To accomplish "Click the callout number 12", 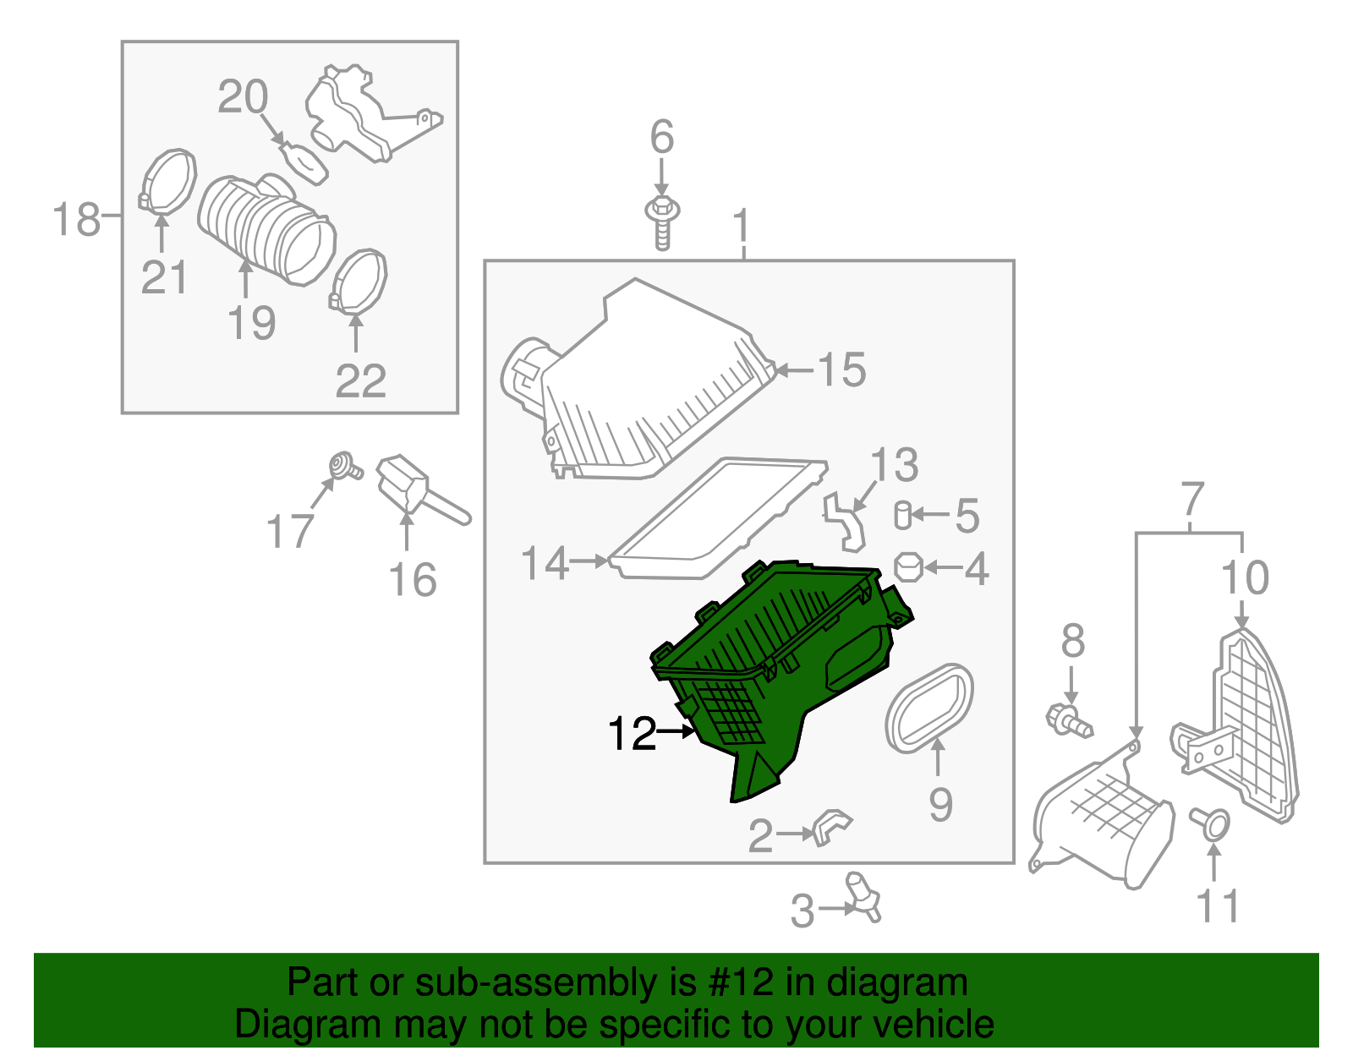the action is [632, 733].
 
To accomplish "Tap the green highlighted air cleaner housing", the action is [778, 672].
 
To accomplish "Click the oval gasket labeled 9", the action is [928, 709].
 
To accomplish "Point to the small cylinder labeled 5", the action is [902, 515].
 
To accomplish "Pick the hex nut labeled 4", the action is [908, 567].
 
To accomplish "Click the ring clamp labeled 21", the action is [167, 181].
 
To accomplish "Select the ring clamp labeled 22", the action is [358, 282].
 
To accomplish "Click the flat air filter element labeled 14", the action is [716, 517].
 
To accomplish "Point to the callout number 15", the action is [841, 369].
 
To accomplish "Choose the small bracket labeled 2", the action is [831, 827].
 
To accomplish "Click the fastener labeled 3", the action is [863, 898].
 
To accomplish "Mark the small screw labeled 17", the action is [344, 467].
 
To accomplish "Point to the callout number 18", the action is [76, 219].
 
